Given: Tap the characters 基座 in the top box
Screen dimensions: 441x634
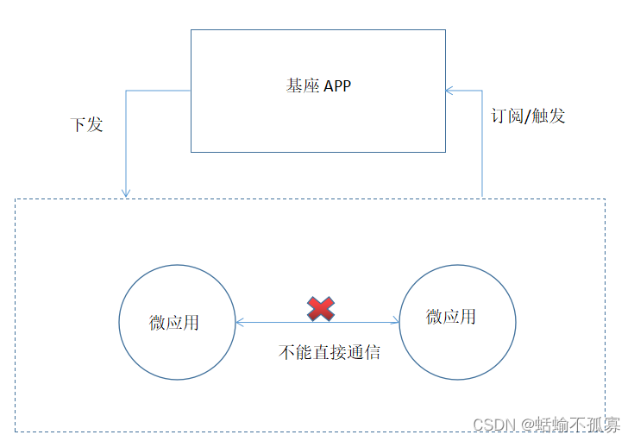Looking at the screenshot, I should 303,86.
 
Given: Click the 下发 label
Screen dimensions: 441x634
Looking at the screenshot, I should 86,124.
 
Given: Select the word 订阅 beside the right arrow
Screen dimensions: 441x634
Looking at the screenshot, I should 507,115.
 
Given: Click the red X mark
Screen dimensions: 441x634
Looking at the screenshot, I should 321,308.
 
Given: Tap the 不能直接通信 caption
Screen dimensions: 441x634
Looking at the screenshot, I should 330,352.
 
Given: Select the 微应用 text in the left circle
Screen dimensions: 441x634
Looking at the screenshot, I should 174,322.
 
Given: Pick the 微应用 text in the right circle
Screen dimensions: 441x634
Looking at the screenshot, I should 450,317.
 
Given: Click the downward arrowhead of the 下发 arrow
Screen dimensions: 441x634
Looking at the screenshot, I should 127,192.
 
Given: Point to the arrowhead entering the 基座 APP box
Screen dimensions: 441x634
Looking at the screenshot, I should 449,90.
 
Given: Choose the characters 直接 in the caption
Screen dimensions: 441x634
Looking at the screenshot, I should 329,352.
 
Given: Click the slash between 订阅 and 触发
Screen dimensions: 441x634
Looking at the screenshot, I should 527,115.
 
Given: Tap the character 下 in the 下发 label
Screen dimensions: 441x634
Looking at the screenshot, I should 78,124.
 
